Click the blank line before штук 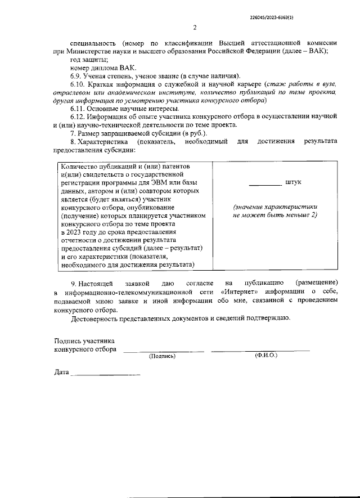pyautogui.click(x=265, y=184)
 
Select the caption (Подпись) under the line pyautogui.click(x=162, y=356)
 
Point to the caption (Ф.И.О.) pyautogui.click(x=265, y=356)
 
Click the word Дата pyautogui.click(x=61, y=373)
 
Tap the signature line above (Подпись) pyautogui.click(x=164, y=351)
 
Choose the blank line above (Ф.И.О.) pyautogui.click(x=260, y=351)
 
